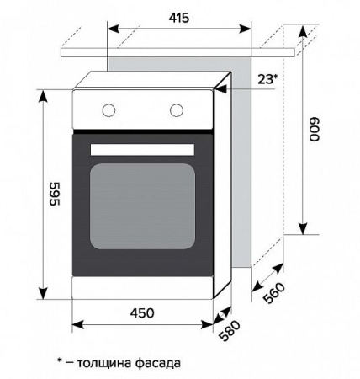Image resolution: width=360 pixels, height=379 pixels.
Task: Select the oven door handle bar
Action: [143, 149]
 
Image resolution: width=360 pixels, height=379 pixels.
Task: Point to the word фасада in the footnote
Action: [157, 363]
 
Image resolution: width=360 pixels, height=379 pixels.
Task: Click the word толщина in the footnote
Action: [106, 363]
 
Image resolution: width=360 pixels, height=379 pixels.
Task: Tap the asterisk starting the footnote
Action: [61, 361]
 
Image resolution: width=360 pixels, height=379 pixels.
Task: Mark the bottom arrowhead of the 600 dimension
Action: [302, 229]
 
